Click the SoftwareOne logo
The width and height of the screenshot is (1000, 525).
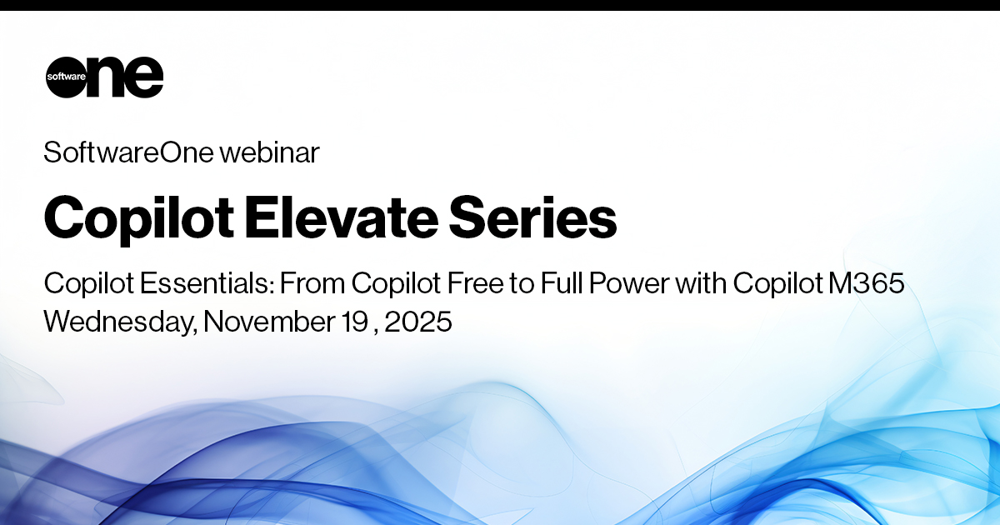pyautogui.click(x=104, y=77)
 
